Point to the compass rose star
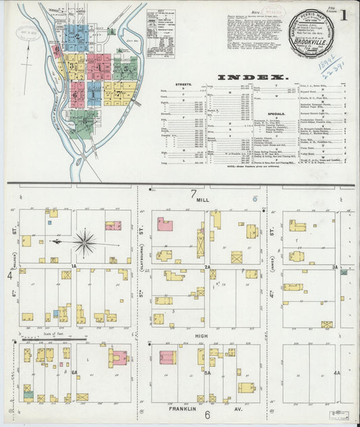84,241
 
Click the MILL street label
203,201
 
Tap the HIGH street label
202,335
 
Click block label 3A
335,266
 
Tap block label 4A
336,372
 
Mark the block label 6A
75,372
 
